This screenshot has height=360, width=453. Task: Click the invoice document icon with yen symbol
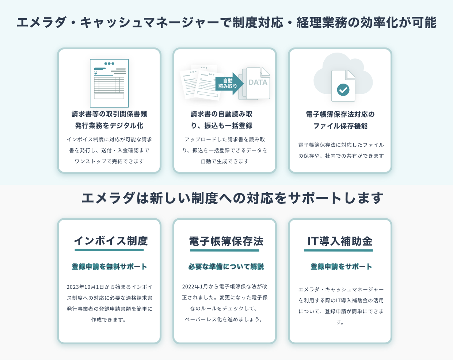click(x=109, y=83)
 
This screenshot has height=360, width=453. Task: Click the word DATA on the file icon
click(x=258, y=83)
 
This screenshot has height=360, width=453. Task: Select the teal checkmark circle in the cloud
click(x=343, y=89)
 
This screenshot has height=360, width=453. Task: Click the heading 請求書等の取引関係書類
click(x=109, y=114)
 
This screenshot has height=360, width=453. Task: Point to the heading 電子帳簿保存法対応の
click(x=340, y=114)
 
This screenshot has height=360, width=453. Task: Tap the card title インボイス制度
click(x=110, y=241)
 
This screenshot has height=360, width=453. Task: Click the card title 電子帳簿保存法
click(x=226, y=241)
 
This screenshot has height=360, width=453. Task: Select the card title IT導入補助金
click(x=340, y=241)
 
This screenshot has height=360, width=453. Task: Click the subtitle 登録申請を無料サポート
click(x=109, y=267)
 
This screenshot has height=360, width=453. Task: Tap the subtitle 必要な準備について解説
click(x=226, y=267)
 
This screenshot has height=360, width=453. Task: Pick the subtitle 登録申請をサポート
click(x=341, y=267)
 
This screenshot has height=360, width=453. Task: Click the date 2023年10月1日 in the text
click(x=85, y=287)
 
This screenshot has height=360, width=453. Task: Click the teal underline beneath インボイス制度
click(x=109, y=250)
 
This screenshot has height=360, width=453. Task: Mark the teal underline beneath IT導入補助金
click(x=338, y=250)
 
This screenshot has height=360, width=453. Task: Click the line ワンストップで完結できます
click(x=109, y=161)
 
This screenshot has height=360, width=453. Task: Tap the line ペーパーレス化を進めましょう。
click(x=224, y=319)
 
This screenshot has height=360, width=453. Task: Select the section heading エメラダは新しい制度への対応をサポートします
click(x=232, y=198)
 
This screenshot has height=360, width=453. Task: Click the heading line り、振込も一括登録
click(x=221, y=126)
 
